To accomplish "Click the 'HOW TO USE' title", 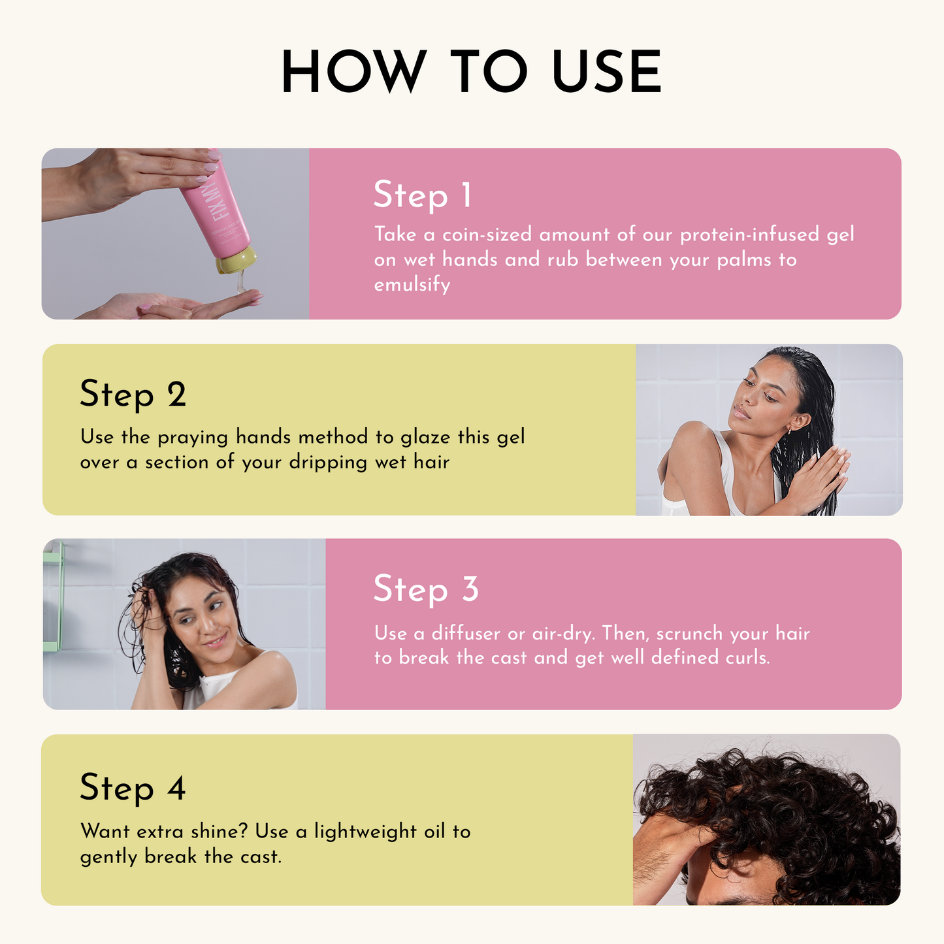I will (x=471, y=71).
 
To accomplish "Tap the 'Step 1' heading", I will (x=422, y=195).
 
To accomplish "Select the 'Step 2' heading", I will (x=133, y=395).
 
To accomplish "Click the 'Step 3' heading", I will (x=426, y=589).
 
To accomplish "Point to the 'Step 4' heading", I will (x=133, y=788).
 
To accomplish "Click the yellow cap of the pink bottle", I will (x=236, y=260).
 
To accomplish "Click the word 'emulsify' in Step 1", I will (x=412, y=285).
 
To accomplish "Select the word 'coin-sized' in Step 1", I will (x=487, y=235).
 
